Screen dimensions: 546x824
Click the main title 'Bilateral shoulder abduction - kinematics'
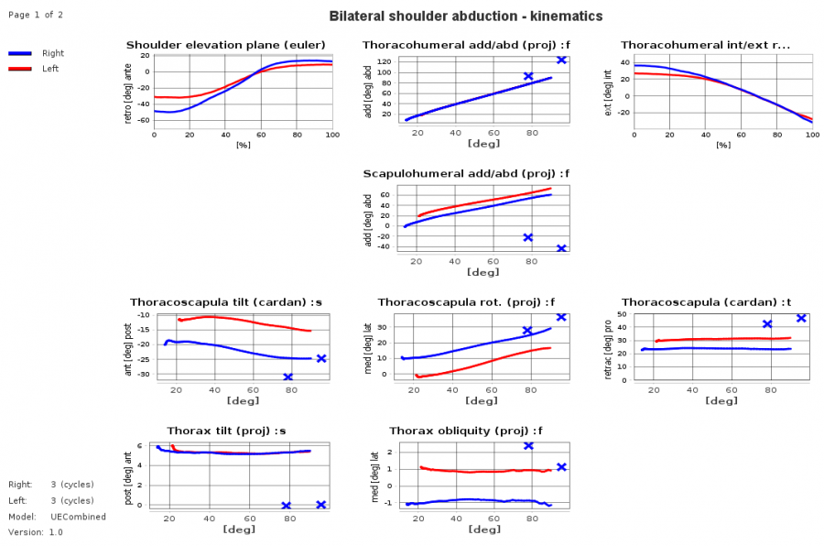tap(465, 16)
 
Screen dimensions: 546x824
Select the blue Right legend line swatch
tap(20, 54)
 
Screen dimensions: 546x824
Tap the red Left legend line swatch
tap(20, 69)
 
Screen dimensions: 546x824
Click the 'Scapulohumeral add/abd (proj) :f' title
tap(466, 173)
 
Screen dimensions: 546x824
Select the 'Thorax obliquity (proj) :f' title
tap(466, 431)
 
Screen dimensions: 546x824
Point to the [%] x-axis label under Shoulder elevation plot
tap(243, 145)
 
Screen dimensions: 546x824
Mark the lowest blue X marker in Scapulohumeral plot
tap(561, 248)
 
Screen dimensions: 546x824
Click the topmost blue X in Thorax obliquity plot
tap(528, 445)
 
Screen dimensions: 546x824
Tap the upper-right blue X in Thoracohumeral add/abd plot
tap(561, 60)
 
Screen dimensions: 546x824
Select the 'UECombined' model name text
tap(81, 517)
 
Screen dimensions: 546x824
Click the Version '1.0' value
tap(56, 532)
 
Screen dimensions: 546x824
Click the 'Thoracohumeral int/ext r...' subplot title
tap(705, 45)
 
